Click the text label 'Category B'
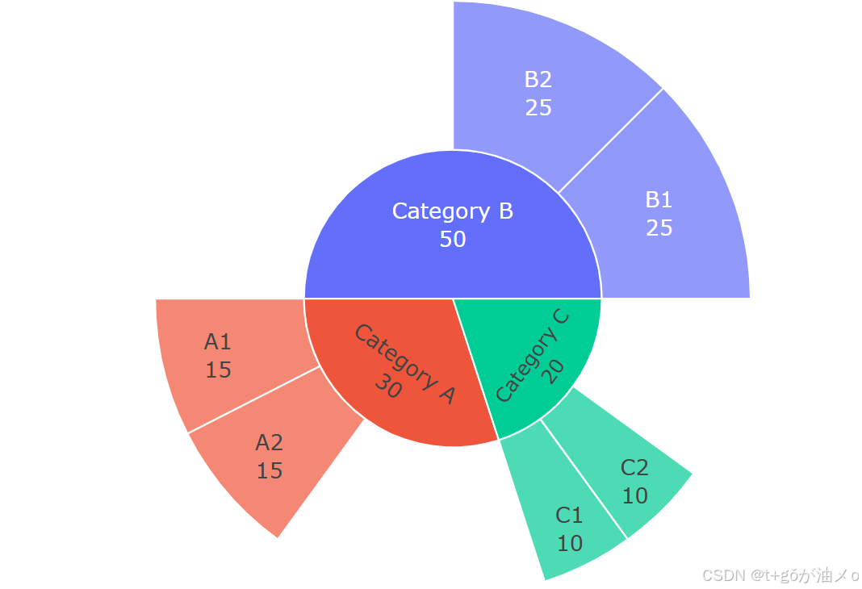(x=453, y=211)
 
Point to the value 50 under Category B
(x=453, y=239)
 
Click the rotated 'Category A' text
(x=405, y=363)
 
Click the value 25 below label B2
(x=538, y=107)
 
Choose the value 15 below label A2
(x=270, y=471)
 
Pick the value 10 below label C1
(x=570, y=544)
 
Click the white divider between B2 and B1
(x=610, y=141)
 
